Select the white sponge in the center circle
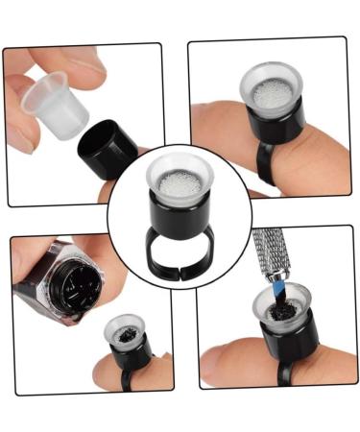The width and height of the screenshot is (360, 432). point(179,180)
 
